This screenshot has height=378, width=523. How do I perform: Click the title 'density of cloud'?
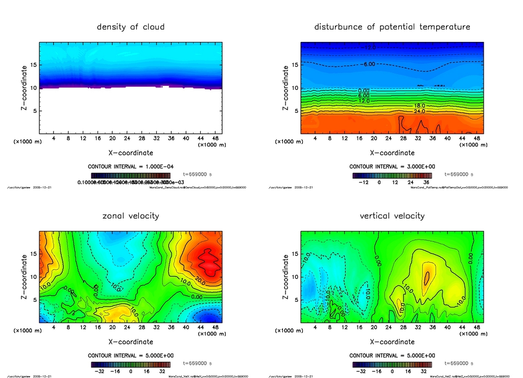131,27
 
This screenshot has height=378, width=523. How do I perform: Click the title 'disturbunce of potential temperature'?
392,27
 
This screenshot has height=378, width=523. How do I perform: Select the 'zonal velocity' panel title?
131,216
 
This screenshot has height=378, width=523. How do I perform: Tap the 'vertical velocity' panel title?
392,216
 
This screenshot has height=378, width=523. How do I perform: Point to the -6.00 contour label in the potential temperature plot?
369,64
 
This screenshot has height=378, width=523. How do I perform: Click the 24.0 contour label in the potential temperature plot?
420,111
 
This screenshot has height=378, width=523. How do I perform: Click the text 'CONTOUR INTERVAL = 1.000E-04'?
131,167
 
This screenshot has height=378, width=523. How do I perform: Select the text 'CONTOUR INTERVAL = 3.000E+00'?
392,167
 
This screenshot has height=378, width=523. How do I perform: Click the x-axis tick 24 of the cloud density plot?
127,138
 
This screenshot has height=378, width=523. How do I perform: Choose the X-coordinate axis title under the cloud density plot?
131,152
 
